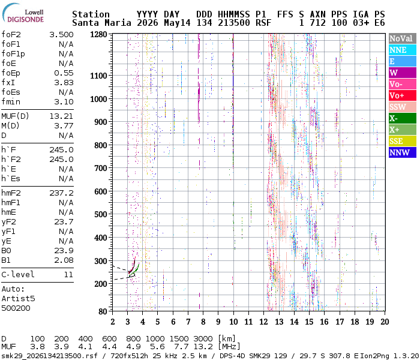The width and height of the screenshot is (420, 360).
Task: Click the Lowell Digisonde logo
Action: coord(23,13)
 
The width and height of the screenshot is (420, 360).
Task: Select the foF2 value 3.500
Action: coord(61,35)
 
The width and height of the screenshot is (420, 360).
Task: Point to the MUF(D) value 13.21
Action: coord(61,116)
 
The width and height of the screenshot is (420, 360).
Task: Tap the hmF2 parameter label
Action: coord(11,193)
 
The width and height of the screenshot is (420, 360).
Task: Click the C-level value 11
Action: coord(68,275)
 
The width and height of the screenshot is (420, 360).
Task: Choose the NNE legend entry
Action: coord(403,50)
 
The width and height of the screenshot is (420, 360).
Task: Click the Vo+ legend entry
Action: coord(403,95)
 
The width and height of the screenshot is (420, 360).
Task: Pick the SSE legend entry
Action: coord(403,141)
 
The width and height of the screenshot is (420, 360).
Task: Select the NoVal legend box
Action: coord(403,38)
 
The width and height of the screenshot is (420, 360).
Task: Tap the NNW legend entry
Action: coord(403,152)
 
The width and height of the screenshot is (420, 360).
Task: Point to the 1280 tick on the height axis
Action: coord(98,34)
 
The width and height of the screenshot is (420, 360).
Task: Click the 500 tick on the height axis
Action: coord(101,214)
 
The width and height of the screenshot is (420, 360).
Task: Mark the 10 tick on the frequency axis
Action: coord(233,322)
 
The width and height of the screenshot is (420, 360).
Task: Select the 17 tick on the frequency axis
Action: coord(340,322)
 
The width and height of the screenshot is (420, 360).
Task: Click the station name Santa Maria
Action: coord(101,23)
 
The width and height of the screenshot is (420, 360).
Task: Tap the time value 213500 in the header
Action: coord(233,23)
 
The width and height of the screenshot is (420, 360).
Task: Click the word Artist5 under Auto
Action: coord(18,299)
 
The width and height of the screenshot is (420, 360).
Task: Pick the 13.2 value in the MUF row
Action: coord(203,347)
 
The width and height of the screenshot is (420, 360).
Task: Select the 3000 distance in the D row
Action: coord(203,339)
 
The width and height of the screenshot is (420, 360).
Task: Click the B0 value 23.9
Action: coord(64,251)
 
